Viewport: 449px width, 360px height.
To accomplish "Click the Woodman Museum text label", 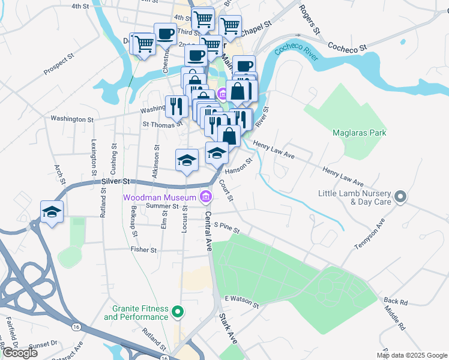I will point(160,197).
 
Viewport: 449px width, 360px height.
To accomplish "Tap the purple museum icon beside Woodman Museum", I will point(206,197).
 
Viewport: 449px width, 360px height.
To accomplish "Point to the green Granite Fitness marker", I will point(177,312).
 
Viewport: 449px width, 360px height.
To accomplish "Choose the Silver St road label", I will point(115,181).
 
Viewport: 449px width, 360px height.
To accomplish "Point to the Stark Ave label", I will point(229,328).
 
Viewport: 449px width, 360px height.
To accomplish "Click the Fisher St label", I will point(144,250).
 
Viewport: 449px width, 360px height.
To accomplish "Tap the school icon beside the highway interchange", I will point(52,212).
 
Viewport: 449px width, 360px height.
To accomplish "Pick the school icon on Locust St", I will point(187,160).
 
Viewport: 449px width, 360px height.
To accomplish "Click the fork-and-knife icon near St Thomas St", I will point(176,106).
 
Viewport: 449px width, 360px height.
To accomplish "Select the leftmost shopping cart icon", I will point(143,44).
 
